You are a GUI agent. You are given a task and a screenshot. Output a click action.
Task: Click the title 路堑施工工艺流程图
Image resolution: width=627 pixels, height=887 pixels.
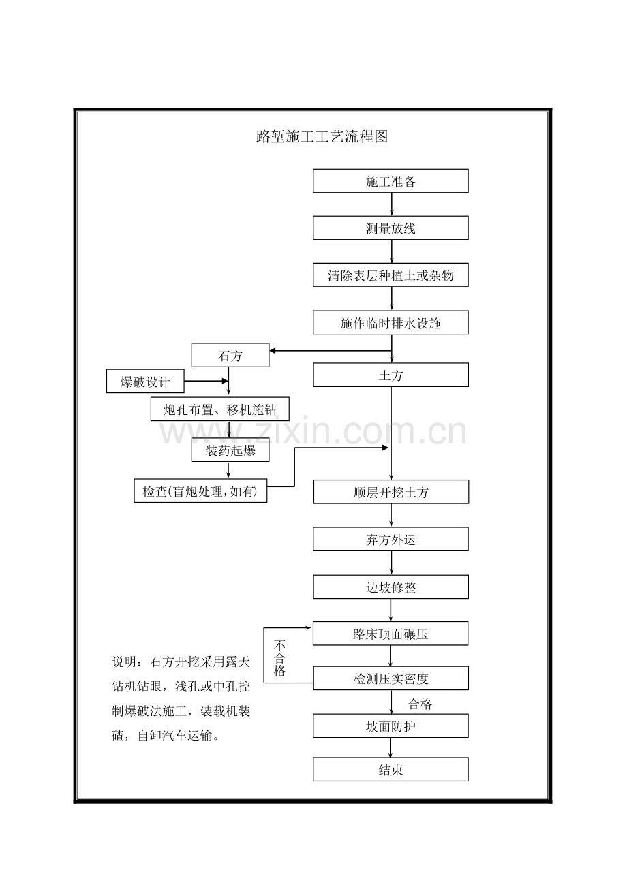(x=322, y=137)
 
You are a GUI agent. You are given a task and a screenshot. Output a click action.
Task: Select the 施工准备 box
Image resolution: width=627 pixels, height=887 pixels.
(x=391, y=181)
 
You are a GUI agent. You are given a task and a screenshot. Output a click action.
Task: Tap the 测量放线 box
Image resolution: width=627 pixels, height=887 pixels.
(x=391, y=228)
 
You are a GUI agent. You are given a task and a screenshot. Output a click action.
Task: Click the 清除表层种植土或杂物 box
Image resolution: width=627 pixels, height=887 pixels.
(x=391, y=275)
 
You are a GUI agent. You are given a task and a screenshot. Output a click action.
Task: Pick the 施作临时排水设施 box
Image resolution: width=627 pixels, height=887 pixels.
(x=391, y=323)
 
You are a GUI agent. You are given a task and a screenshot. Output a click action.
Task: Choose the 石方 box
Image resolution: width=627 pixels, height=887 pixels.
(x=230, y=355)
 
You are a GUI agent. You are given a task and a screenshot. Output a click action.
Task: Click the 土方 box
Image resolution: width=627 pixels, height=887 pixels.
(x=391, y=375)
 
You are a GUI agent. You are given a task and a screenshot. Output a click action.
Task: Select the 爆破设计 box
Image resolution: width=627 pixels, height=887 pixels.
(x=145, y=382)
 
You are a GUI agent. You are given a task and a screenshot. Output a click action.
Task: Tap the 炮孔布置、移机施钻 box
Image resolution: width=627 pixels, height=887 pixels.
(x=219, y=409)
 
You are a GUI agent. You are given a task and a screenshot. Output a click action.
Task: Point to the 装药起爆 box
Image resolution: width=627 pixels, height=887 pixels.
(x=230, y=450)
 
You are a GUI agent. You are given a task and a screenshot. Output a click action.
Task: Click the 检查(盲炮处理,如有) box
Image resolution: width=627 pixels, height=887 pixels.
(x=200, y=491)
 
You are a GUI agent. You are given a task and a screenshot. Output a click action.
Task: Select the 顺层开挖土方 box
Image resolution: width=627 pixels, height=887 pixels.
(x=391, y=492)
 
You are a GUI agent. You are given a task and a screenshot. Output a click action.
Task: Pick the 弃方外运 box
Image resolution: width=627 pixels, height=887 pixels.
(x=391, y=539)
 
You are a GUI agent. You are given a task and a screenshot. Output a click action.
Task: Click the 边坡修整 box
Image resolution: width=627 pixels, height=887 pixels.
(x=391, y=587)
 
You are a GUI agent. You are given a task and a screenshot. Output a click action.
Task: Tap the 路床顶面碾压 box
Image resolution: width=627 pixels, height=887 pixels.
(x=391, y=634)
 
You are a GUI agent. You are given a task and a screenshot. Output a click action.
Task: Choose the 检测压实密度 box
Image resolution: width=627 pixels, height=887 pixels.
(x=391, y=678)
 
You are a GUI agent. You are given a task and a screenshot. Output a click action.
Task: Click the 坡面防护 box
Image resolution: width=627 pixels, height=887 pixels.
(x=391, y=726)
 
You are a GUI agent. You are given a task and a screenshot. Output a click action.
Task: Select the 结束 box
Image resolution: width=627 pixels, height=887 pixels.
(x=391, y=769)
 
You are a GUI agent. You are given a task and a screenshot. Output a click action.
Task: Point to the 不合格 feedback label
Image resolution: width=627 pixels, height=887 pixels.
(x=279, y=657)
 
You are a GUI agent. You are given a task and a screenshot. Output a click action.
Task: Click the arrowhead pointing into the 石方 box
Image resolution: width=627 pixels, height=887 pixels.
(x=273, y=351)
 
